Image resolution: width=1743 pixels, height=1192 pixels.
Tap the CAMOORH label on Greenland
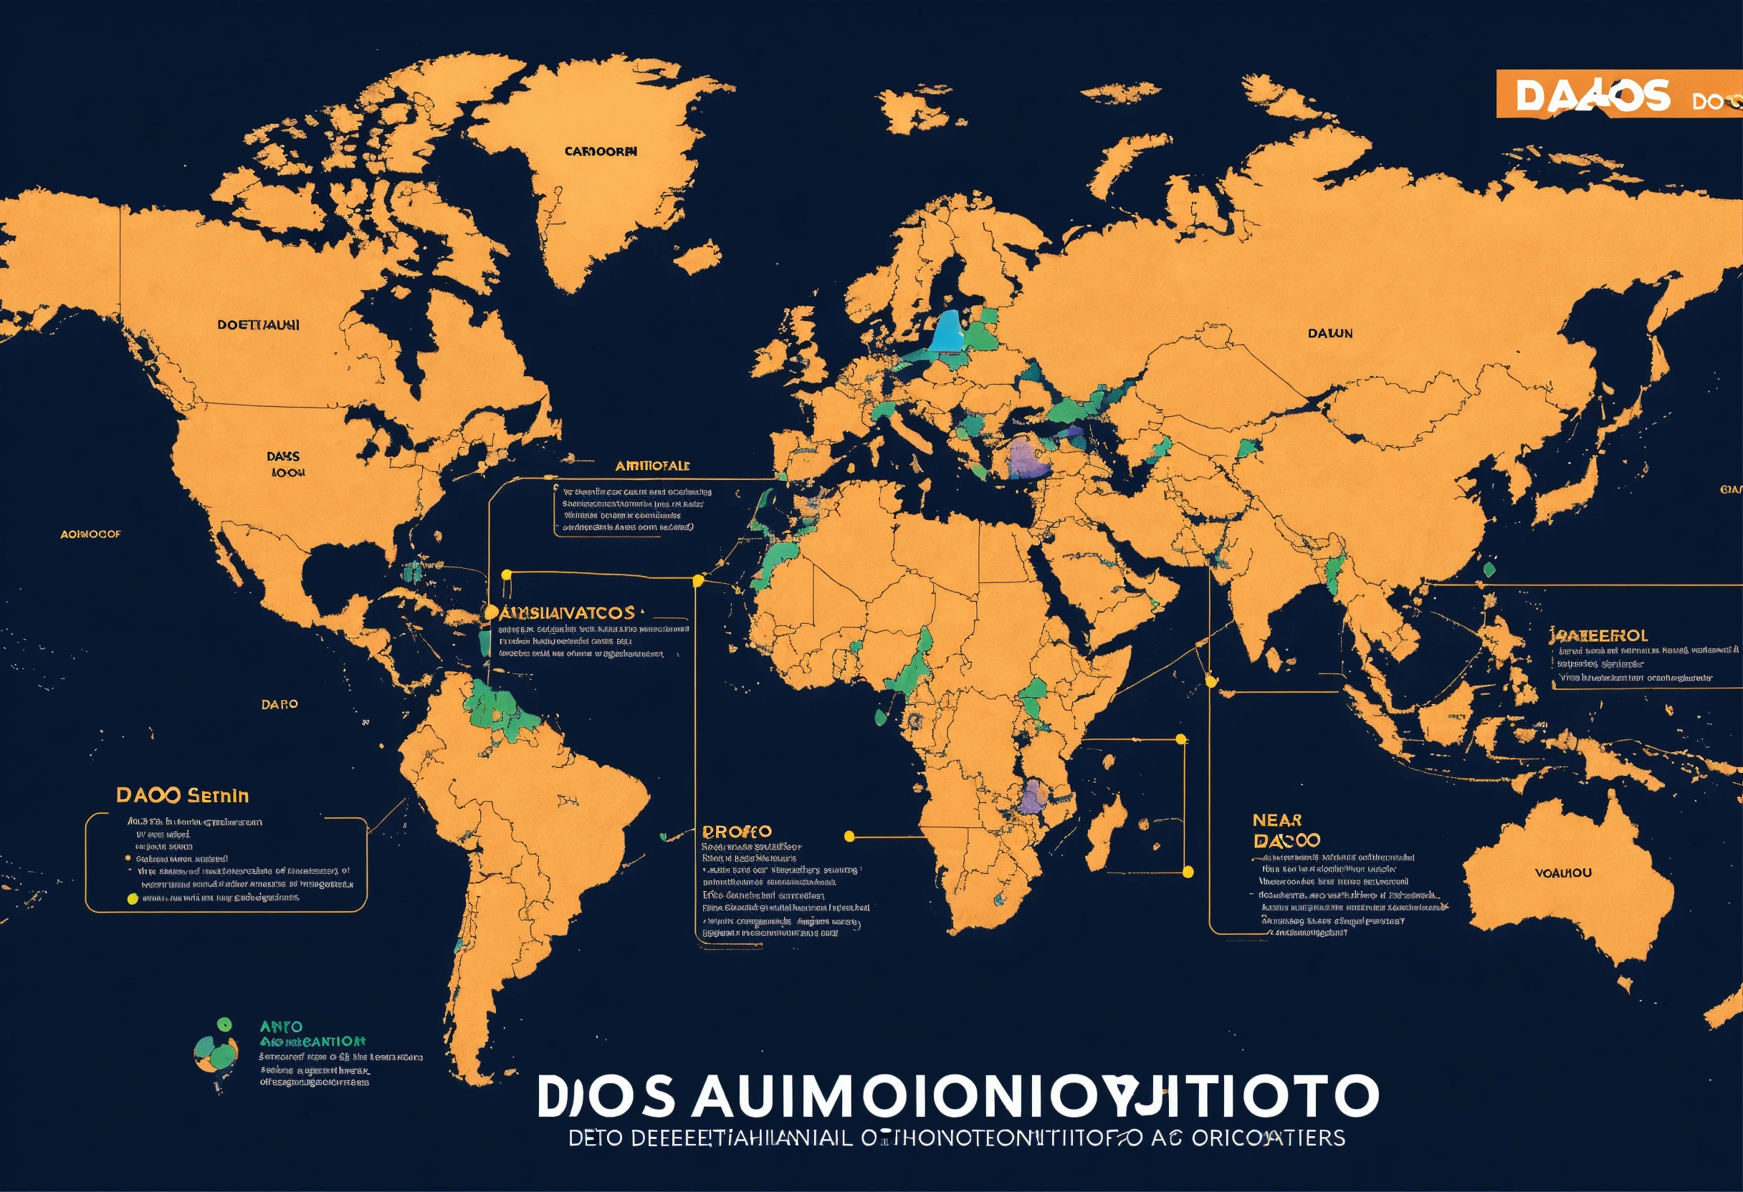point(601,151)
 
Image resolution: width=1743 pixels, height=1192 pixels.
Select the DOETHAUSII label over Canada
point(258,325)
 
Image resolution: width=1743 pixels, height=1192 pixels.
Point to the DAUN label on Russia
point(1329,333)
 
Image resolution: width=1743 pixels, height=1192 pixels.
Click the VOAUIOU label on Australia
point(1563,873)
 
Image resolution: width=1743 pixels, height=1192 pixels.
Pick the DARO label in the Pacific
point(279,705)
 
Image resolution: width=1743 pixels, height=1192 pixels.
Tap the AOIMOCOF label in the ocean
point(90,534)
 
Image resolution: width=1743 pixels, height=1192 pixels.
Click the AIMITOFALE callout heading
point(651,466)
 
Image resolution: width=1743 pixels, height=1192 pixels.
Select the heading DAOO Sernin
point(182,795)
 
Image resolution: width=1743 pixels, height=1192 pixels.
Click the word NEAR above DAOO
point(1276,820)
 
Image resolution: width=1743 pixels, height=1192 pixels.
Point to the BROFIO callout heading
point(737,832)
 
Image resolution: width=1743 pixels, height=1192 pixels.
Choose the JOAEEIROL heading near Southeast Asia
point(1598,635)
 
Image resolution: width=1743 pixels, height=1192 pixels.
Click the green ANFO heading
point(281,1027)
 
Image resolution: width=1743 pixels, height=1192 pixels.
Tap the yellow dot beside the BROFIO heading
point(849,836)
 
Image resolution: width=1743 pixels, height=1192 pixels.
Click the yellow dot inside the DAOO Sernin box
point(133,899)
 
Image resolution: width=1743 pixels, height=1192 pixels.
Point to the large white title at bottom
point(957,1096)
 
